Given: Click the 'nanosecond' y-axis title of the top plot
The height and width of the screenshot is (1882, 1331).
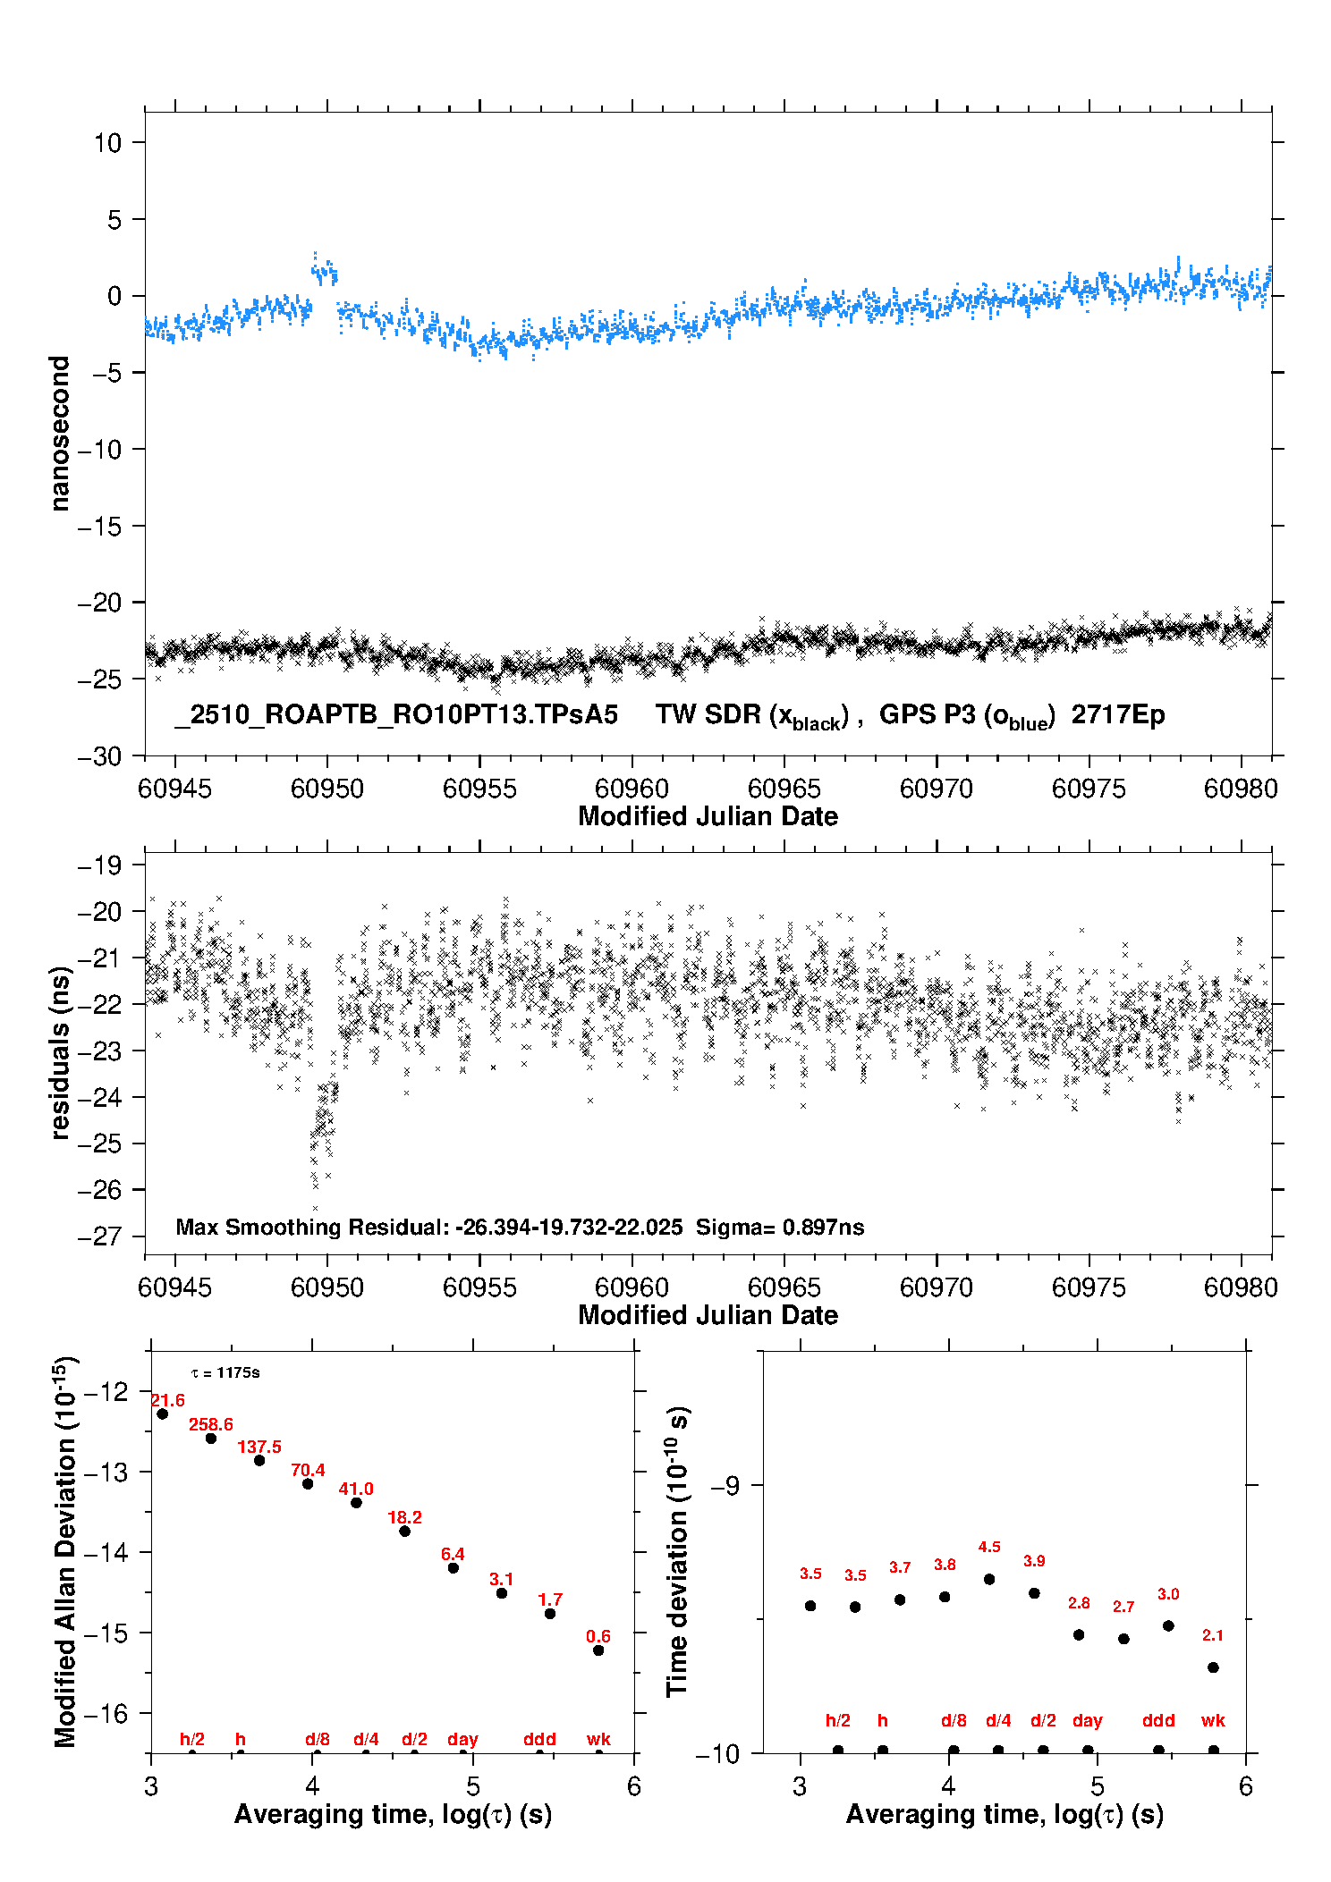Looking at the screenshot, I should (x=60, y=434).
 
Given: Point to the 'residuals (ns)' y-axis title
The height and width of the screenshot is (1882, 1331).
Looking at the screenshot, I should (x=60, y=1052).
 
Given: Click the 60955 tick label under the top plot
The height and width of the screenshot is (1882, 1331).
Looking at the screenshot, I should (x=479, y=789).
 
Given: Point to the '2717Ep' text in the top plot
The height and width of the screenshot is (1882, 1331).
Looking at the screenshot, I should (x=1118, y=714).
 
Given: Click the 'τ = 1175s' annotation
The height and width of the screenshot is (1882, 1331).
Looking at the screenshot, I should (x=225, y=1372).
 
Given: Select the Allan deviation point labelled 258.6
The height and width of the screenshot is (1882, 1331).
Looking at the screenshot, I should (x=211, y=1439).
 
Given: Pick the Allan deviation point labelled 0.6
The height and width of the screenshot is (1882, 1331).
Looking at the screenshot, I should (x=598, y=1650).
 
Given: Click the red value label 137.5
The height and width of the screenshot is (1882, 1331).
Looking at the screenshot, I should (x=259, y=1447).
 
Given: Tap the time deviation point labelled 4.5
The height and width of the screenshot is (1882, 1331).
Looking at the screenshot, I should (x=989, y=1579).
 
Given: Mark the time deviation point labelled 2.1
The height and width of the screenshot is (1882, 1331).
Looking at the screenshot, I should (x=1213, y=1667).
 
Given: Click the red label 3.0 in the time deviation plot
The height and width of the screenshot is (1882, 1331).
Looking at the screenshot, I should (x=1168, y=1594).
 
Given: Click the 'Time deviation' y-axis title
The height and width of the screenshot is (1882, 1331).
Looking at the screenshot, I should (x=678, y=1552).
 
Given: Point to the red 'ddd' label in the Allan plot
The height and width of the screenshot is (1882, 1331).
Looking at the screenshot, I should (x=539, y=1739).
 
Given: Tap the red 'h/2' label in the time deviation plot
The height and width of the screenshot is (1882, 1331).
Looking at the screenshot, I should (x=837, y=1720).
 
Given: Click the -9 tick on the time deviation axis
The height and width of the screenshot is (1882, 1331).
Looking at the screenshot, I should (x=725, y=1486).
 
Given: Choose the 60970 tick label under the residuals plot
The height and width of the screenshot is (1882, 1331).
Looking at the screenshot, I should (x=937, y=1287).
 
